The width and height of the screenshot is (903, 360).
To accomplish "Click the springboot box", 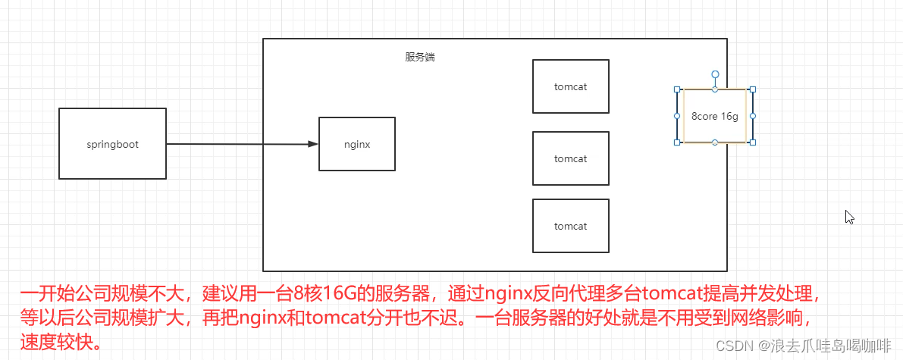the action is [112, 143].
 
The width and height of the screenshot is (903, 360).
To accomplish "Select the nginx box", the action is [357, 144].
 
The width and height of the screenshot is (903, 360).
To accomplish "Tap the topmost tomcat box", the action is [571, 86].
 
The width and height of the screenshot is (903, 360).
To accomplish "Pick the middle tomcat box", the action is [571, 158].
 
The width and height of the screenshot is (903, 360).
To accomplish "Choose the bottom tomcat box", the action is [571, 226].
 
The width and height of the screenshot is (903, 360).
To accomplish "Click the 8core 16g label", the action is [715, 116].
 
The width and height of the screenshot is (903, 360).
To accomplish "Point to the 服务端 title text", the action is [420, 57].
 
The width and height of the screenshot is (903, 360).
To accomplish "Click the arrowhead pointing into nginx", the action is [313, 144].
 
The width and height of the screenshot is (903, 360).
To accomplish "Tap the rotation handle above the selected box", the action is [715, 74].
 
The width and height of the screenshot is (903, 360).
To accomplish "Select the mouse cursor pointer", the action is [849, 218].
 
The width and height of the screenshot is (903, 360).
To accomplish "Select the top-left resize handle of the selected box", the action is [677, 89].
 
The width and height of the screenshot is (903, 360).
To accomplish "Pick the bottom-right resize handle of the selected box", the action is [753, 142].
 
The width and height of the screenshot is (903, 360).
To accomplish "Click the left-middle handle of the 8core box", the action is [677, 116].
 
